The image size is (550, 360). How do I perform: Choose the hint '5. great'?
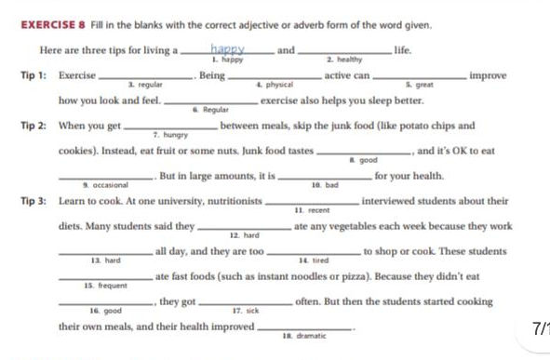pyautogui.click(x=407, y=85)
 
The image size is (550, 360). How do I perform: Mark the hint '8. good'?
pyautogui.click(x=362, y=160)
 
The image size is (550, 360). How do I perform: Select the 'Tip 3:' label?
pyautogui.click(x=35, y=201)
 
